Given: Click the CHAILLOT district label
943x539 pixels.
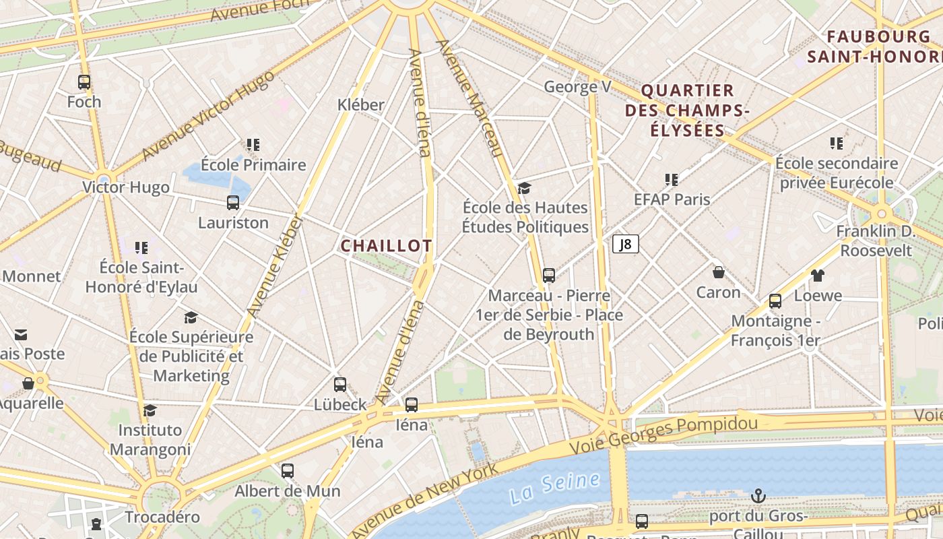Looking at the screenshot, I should [386, 246].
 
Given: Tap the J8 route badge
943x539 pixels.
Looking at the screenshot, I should [626, 244].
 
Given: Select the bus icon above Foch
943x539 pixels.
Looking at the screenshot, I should [84, 82].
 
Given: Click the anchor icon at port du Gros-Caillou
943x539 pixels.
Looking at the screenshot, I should [758, 497].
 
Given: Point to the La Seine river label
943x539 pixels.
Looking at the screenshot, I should [554, 487].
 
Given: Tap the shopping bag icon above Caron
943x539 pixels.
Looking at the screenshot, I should [719, 272].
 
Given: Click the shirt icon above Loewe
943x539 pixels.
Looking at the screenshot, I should [818, 275].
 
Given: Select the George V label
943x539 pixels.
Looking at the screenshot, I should [577, 87].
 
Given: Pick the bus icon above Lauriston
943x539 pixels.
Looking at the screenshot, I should [233, 202].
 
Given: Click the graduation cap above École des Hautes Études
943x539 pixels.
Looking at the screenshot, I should [525, 188].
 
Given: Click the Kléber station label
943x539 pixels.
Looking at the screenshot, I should [361, 104].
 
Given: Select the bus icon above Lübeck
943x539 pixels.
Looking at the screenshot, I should [340, 385].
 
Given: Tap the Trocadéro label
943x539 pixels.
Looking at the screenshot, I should [162, 517].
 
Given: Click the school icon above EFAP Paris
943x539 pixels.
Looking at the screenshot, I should [672, 179].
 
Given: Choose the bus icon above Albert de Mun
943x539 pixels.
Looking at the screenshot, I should [288, 470].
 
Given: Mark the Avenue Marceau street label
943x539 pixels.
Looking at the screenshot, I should [470, 98].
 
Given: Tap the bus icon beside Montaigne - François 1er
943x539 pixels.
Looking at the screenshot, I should [775, 300].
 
